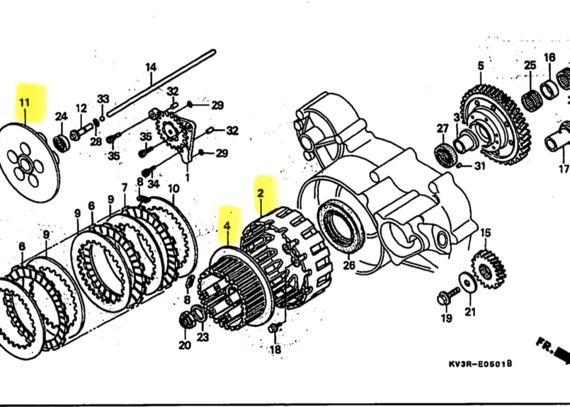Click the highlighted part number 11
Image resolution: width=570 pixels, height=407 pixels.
pyautogui.click(x=25, y=103)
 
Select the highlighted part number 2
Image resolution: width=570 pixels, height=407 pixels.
pyautogui.click(x=261, y=193)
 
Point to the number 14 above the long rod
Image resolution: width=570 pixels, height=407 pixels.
pyautogui.click(x=151, y=68)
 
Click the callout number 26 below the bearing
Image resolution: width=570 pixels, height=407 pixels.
pyautogui.click(x=348, y=266)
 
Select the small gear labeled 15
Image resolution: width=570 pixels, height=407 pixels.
pyautogui.click(x=488, y=268)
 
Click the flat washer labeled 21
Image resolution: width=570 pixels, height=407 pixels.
pyautogui.click(x=467, y=283)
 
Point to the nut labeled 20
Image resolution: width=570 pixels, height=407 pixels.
pyautogui.click(x=187, y=321)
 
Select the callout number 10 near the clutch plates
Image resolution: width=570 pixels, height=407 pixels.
pyautogui.click(x=173, y=188)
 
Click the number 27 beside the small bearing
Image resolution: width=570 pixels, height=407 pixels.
pyautogui.click(x=443, y=128)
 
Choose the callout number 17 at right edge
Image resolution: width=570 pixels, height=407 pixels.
pyautogui.click(x=563, y=169)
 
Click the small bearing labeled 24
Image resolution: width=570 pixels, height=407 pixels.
pyautogui.click(x=62, y=142)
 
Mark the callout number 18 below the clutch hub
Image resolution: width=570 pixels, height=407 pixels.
pyautogui.click(x=275, y=349)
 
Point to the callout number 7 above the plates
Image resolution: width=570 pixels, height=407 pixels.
pyautogui.click(x=125, y=188)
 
